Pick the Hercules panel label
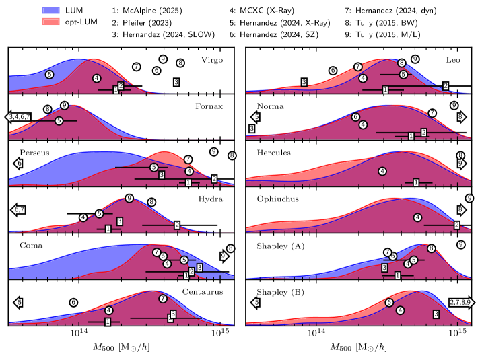(274, 152)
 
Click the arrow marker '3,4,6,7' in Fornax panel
(20, 117)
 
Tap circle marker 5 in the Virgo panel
(49, 73)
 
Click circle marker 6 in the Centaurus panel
(74, 303)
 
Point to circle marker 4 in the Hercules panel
(383, 171)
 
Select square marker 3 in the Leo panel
(304, 82)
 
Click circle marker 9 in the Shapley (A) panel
(461, 245)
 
